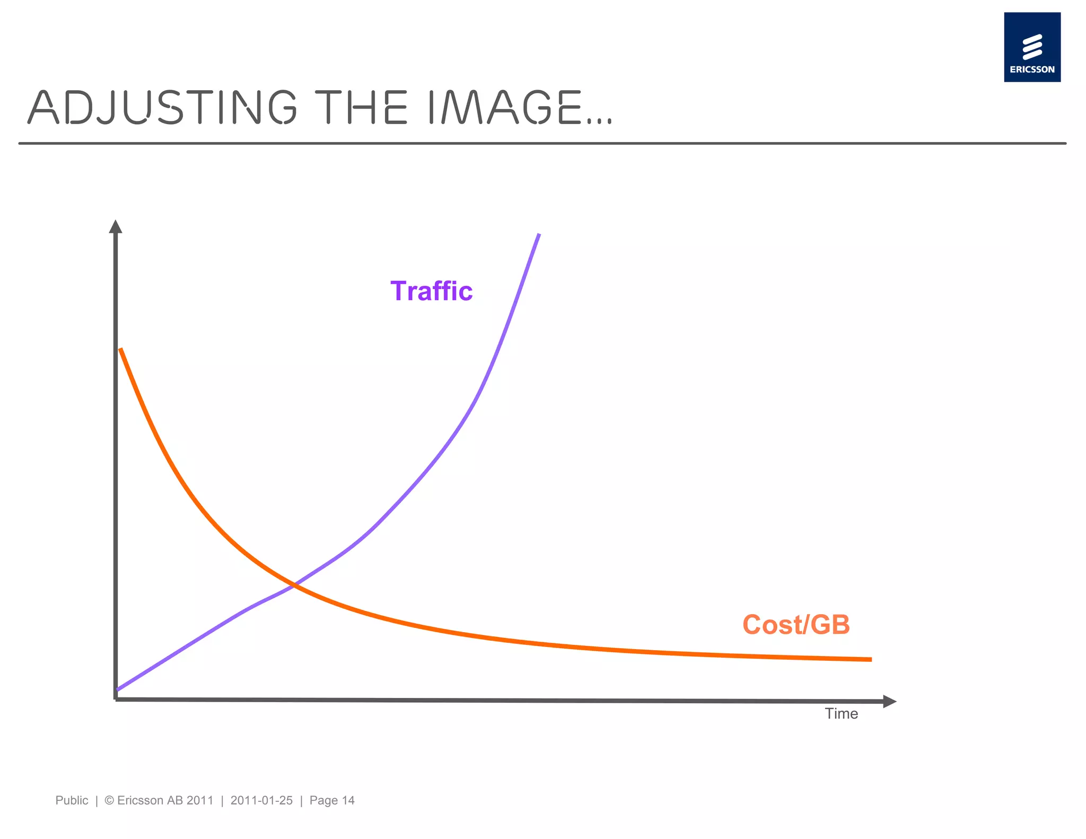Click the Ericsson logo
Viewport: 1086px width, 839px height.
(x=1032, y=47)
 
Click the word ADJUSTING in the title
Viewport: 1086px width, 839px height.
(x=162, y=108)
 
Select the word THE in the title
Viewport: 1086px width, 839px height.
(x=361, y=108)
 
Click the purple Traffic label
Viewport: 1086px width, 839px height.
(x=431, y=291)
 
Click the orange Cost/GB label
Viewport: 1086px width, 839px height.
(x=796, y=625)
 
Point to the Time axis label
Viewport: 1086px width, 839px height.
(x=841, y=714)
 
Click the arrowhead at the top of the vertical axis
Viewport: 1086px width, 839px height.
(x=116, y=226)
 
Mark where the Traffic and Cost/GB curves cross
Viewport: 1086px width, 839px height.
(x=294, y=585)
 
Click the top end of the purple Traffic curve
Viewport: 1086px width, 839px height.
(x=539, y=234)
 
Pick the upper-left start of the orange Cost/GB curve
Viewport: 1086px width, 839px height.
(x=121, y=349)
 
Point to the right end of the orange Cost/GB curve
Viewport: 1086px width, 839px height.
(x=870, y=659)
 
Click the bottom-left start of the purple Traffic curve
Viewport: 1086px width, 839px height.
(x=118, y=689)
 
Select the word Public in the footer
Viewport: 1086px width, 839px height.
(x=72, y=800)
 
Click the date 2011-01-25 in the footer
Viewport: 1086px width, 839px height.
(x=261, y=800)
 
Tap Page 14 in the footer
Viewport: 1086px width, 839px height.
(x=332, y=800)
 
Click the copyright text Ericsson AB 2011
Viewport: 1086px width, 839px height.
(x=164, y=800)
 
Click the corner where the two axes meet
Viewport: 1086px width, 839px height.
(x=116, y=700)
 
